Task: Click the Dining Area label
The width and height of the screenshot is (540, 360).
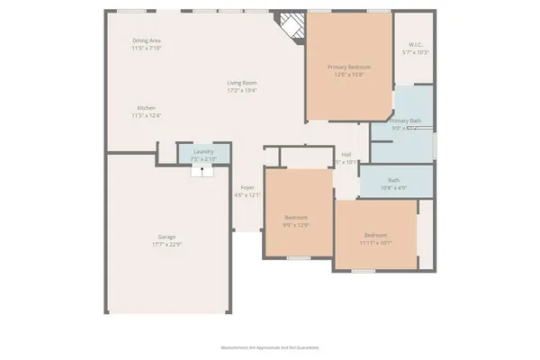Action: (147, 40)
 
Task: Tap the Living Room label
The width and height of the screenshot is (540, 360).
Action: (242, 83)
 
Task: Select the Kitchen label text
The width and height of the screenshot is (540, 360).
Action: (146, 108)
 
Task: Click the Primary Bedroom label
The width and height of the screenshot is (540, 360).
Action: (349, 67)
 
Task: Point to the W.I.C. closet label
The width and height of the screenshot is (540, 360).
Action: (415, 44)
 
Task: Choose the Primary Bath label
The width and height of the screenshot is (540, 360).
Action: (405, 121)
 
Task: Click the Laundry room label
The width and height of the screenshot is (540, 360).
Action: (202, 151)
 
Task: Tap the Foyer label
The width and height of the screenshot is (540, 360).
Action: (247, 187)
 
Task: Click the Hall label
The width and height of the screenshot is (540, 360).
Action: (346, 154)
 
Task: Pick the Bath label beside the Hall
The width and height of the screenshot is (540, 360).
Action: (394, 180)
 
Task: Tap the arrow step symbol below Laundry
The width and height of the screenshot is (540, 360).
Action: (202, 169)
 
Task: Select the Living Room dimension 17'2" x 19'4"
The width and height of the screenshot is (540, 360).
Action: (242, 90)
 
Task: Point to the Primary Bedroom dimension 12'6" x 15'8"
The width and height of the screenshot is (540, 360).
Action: (349, 74)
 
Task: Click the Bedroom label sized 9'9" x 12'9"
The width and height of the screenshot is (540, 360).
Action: (297, 218)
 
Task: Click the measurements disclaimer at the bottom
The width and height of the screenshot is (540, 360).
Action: (270, 346)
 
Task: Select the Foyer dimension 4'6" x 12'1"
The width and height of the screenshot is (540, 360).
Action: (247, 194)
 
